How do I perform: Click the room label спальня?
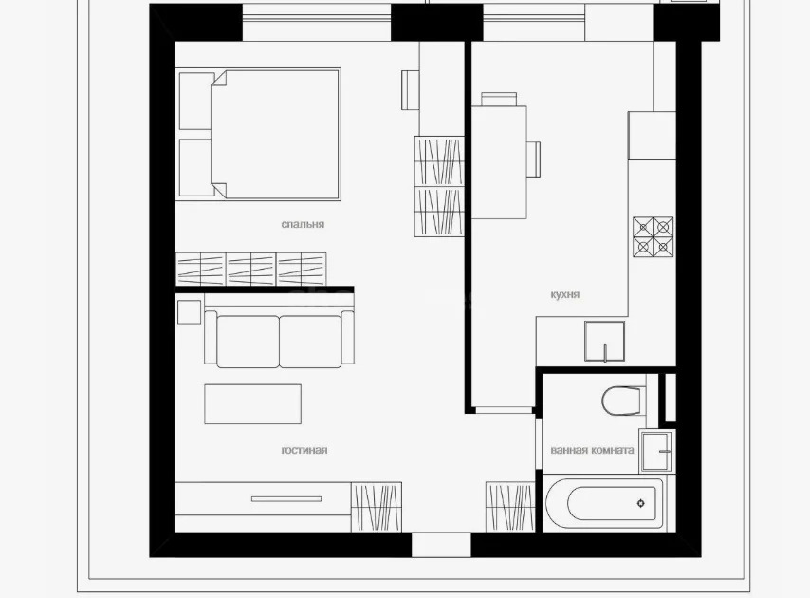point(303,225)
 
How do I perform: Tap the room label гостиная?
point(304,450)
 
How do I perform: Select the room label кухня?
point(565,295)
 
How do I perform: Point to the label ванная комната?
point(592,450)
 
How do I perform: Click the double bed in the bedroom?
point(260,134)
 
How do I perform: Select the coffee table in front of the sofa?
point(253,403)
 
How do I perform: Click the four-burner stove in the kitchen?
point(654,237)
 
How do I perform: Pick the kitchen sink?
point(604,342)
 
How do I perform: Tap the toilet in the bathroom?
point(622,401)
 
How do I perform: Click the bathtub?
point(603,503)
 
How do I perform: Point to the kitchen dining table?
point(499,161)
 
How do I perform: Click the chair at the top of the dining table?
point(499,98)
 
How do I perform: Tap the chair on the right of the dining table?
point(534,159)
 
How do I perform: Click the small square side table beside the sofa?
point(189,311)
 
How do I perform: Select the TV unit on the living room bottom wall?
point(263,498)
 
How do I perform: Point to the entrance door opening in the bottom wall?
point(441,545)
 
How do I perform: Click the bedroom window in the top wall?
point(316,21)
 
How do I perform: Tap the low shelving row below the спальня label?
point(251,269)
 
